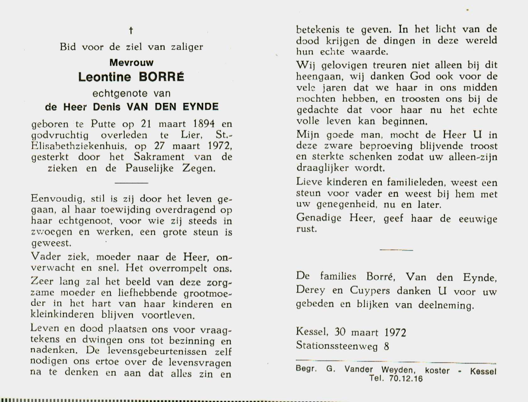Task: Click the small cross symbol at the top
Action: pos(131,30)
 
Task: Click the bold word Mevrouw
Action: pos(131,62)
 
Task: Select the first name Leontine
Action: pos(105,77)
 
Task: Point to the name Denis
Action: pos(107,107)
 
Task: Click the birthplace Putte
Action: pos(103,124)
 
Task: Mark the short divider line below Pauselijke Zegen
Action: pos(131,182)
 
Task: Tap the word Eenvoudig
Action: pos(58,199)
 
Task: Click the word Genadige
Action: pos(319,218)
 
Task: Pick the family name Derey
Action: pos(311,290)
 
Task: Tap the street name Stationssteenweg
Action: pos(337,346)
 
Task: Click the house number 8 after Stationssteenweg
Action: pos(386,346)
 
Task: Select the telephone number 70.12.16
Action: pos(406,379)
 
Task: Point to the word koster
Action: pos(437,371)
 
